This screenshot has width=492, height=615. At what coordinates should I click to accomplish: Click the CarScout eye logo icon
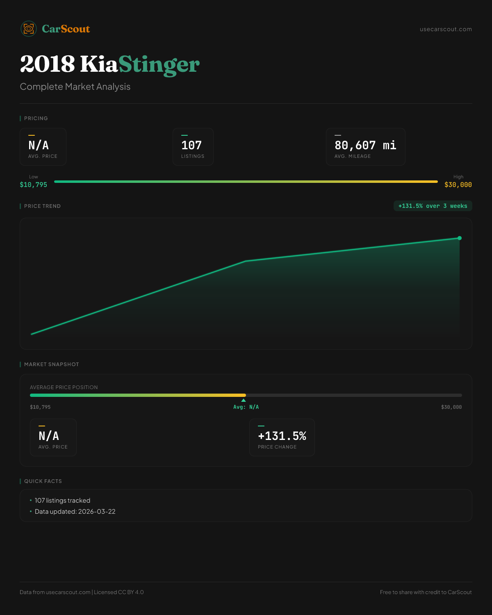[29, 29]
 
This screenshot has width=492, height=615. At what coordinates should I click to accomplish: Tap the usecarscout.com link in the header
[446, 29]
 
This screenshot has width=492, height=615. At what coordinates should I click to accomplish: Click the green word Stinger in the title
[159, 64]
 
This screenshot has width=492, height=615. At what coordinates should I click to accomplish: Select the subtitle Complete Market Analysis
[75, 87]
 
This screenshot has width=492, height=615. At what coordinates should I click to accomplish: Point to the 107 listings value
[191, 146]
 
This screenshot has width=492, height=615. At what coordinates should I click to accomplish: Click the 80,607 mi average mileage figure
[365, 146]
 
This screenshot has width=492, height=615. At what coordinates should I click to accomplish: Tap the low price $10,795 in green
[34, 185]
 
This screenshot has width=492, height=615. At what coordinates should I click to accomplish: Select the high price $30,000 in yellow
[458, 185]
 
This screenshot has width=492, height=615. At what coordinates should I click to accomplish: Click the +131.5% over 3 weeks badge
[433, 206]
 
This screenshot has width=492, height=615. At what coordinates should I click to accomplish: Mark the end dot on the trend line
[460, 238]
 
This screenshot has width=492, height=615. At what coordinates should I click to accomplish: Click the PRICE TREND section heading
[42, 206]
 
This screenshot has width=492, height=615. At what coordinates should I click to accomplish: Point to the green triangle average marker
[244, 400]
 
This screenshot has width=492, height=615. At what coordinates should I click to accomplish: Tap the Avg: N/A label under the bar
[246, 407]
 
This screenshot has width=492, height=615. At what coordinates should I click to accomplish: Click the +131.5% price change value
[282, 436]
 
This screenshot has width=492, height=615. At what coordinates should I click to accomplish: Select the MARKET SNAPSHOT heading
[51, 364]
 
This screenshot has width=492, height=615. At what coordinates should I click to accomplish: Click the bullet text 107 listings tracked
[62, 501]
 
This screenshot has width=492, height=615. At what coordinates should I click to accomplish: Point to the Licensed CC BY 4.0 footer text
[119, 592]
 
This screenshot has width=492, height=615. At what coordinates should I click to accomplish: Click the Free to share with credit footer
[426, 592]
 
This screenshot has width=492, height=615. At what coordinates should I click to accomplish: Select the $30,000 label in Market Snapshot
[451, 407]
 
